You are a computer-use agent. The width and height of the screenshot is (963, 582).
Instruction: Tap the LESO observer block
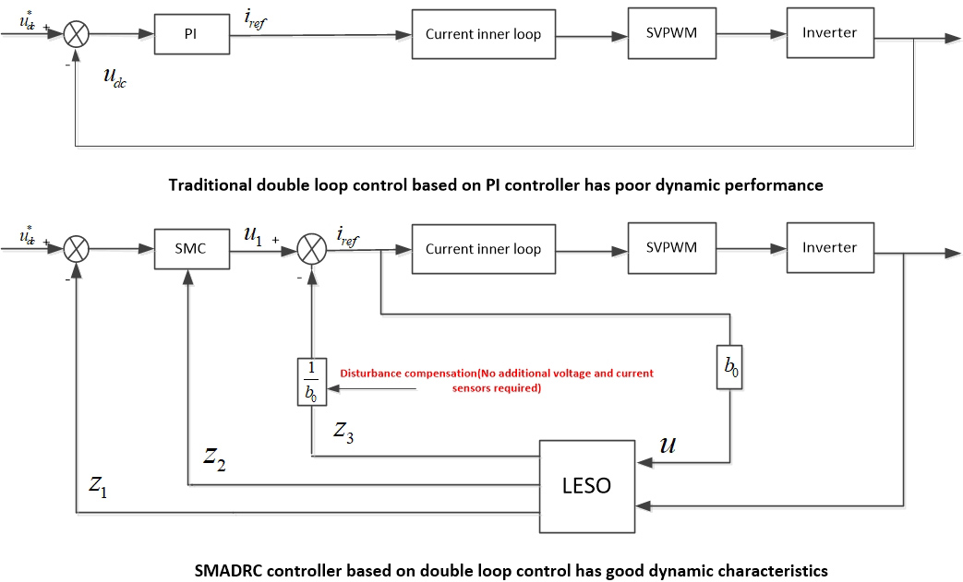pos(586,485)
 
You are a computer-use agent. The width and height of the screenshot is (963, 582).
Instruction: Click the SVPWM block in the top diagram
pos(671,33)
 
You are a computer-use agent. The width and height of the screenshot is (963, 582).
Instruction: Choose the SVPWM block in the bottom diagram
pos(671,248)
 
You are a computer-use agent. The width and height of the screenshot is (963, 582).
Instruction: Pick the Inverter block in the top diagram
pos(828,33)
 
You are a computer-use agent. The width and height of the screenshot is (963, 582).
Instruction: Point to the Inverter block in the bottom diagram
pos(828,248)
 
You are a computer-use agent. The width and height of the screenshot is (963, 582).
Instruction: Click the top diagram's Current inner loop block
pos(483,35)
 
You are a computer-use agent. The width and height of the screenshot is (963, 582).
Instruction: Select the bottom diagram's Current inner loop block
pos(483,249)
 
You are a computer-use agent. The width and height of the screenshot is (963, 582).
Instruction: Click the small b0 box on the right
pos(730,366)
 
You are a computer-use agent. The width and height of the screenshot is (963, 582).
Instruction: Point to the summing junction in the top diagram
pos(76,35)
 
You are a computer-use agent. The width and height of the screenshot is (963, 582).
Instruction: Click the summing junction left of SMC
pos(76,250)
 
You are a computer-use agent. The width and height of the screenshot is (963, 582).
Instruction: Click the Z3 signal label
pos(343,430)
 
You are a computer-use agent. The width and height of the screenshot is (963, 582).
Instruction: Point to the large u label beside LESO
pos(669,445)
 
